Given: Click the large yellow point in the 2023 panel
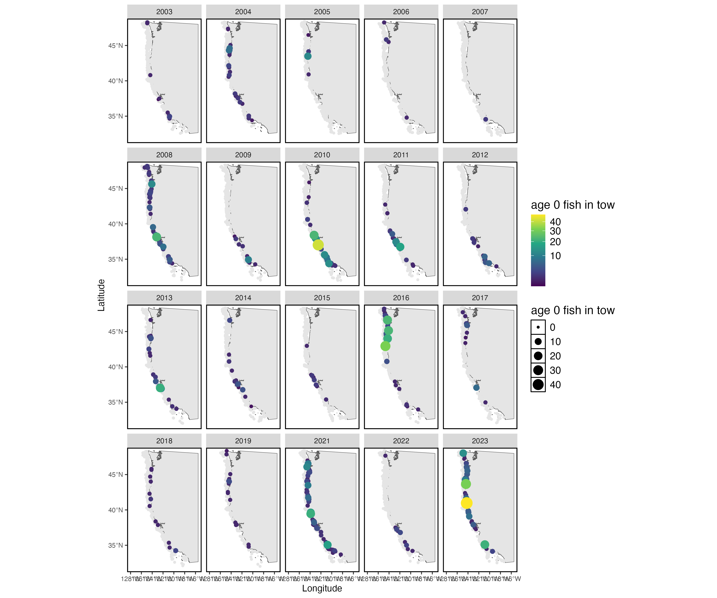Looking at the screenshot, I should pyautogui.click(x=466, y=503).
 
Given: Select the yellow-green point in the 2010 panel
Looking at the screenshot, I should pyautogui.click(x=318, y=245).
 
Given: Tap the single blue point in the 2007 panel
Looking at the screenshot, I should pyautogui.click(x=486, y=119).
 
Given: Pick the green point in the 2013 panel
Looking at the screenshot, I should pyautogui.click(x=160, y=388).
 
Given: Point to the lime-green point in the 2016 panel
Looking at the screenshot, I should pyautogui.click(x=385, y=346).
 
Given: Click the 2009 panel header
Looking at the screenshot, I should pyautogui.click(x=243, y=155).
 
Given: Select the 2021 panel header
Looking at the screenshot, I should pyautogui.click(x=322, y=441).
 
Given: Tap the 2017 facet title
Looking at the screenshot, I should pyautogui.click(x=480, y=298).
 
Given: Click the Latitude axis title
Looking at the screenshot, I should pyautogui.click(x=101, y=295).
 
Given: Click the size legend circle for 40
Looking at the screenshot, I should pyautogui.click(x=538, y=385).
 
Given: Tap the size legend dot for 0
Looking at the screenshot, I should pyautogui.click(x=538, y=327).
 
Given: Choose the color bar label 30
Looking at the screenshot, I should pyautogui.click(x=555, y=231).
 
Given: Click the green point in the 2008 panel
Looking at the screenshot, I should pyautogui.click(x=156, y=237).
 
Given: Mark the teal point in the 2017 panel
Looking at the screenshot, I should pyautogui.click(x=476, y=388).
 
